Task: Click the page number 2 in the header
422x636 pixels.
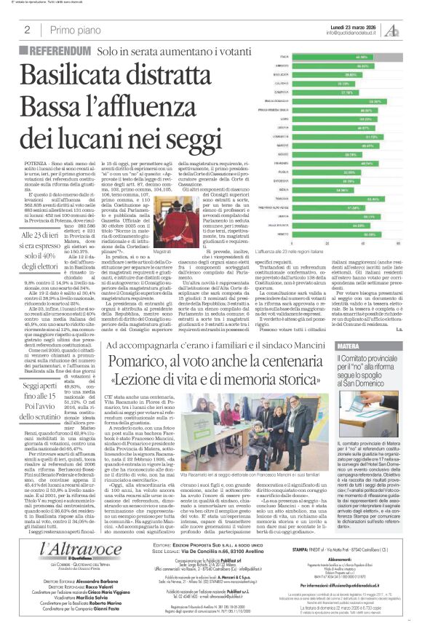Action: (27, 30)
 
